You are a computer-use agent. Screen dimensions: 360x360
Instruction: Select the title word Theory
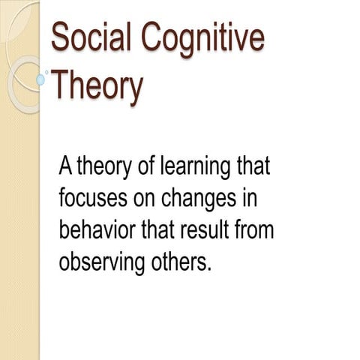click(x=96, y=85)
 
